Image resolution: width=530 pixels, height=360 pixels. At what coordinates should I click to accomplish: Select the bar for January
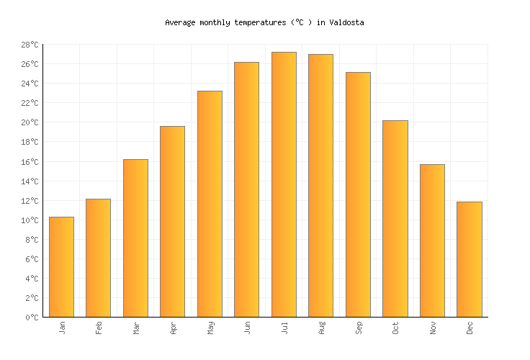coord(61,266)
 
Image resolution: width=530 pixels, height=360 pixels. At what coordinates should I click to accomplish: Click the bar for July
coord(284,184)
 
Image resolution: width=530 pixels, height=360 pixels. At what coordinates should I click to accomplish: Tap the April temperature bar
coord(172,221)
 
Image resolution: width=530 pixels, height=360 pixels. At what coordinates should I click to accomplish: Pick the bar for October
coord(395,218)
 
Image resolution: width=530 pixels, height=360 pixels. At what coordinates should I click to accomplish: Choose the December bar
coord(469,259)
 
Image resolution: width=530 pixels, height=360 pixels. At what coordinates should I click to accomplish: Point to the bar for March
coord(135,238)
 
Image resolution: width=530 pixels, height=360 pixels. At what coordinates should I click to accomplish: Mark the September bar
coord(358,194)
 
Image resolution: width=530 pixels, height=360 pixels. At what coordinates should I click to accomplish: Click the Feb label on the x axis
coord(99,328)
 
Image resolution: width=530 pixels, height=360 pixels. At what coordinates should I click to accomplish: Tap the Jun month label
coord(247,328)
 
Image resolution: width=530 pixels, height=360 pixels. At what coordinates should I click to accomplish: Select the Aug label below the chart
coord(321,328)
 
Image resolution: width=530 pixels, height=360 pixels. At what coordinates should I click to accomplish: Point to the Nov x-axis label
coord(432,328)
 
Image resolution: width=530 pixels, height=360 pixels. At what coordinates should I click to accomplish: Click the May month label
coord(210,328)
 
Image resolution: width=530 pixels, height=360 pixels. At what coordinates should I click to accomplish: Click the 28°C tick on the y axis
coord(29,45)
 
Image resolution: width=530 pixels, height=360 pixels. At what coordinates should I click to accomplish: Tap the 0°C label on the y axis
coord(31,317)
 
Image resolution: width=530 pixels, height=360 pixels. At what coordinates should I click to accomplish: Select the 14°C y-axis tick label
coord(29,181)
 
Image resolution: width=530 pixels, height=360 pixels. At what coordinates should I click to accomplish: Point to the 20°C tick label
coord(29,122)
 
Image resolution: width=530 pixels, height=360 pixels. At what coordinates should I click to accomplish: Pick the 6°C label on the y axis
coord(31,258)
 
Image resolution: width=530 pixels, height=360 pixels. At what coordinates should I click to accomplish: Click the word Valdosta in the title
coord(346,22)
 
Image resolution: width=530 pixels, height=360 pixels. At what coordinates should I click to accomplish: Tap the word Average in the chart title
coord(180,22)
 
